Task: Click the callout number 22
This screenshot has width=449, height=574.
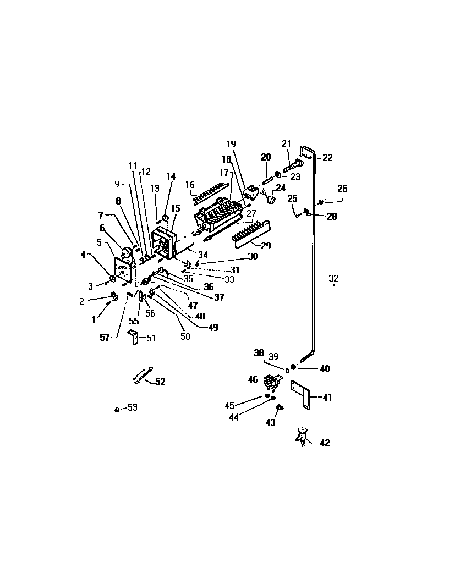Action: tap(327, 158)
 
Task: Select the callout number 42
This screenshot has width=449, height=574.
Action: tap(325, 443)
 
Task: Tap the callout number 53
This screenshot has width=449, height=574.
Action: tap(132, 407)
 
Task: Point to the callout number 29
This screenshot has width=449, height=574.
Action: tap(265, 246)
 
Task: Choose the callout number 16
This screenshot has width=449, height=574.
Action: tap(190, 184)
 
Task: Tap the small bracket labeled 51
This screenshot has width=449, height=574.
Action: tap(134, 336)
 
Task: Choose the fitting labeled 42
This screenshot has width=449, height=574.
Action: tap(302, 436)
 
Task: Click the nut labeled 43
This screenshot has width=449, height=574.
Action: tap(278, 407)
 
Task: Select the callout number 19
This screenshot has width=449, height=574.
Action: tap(231, 144)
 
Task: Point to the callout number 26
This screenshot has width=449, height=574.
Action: tap(342, 189)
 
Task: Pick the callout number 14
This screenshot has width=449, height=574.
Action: tap(171, 176)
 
